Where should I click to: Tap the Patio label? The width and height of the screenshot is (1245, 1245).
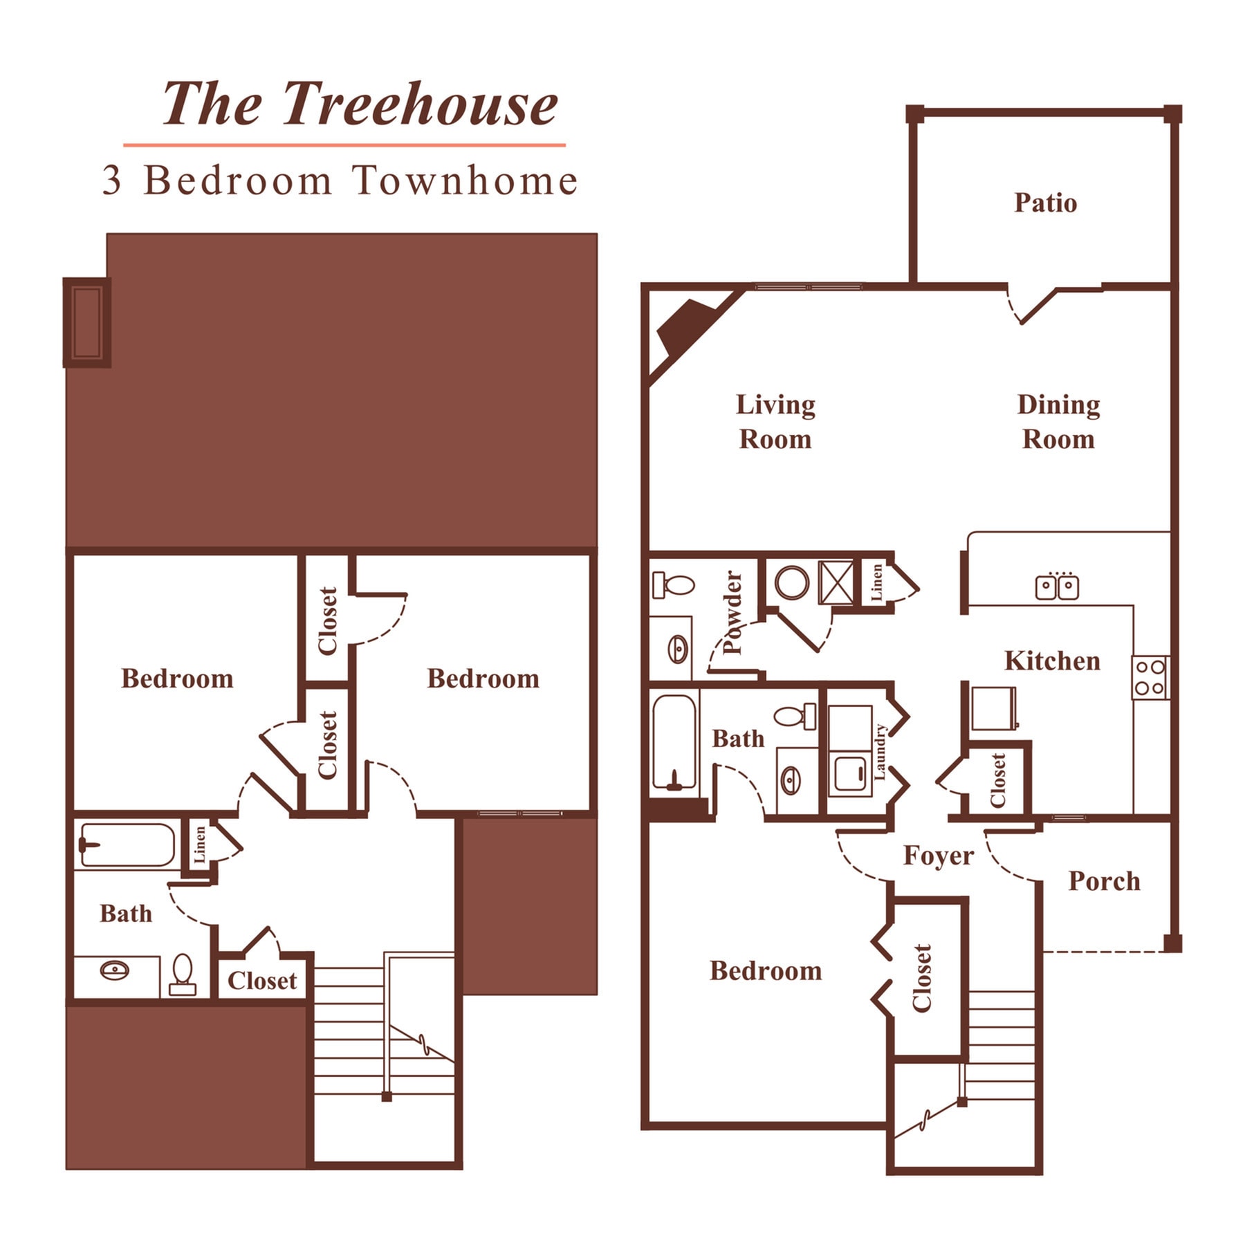point(1045,203)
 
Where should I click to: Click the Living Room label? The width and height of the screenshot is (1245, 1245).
point(775,421)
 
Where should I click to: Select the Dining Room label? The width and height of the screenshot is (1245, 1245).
point(1058,421)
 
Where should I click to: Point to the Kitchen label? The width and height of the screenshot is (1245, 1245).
point(1051,661)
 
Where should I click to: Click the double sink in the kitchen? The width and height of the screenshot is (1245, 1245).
point(1057,587)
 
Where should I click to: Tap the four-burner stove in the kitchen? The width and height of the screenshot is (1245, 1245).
point(1150,678)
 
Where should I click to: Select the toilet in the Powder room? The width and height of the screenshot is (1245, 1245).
point(673,584)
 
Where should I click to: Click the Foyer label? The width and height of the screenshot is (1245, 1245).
point(938,856)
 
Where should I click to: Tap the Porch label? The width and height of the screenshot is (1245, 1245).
point(1104,881)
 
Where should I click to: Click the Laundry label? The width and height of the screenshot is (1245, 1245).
point(880,752)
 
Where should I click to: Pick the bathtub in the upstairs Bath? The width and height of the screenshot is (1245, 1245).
point(127,845)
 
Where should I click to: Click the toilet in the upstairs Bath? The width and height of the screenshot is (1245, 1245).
point(183,974)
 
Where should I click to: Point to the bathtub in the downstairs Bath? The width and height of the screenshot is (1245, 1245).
point(674,742)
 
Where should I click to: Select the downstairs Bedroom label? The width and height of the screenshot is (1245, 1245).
point(766,971)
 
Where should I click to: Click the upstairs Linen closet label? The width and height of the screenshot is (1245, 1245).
point(200,845)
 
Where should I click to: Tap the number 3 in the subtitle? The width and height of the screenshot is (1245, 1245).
point(111,181)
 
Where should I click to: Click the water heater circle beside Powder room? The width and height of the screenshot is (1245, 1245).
point(791,582)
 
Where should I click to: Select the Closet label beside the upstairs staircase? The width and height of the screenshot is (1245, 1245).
point(262,981)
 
